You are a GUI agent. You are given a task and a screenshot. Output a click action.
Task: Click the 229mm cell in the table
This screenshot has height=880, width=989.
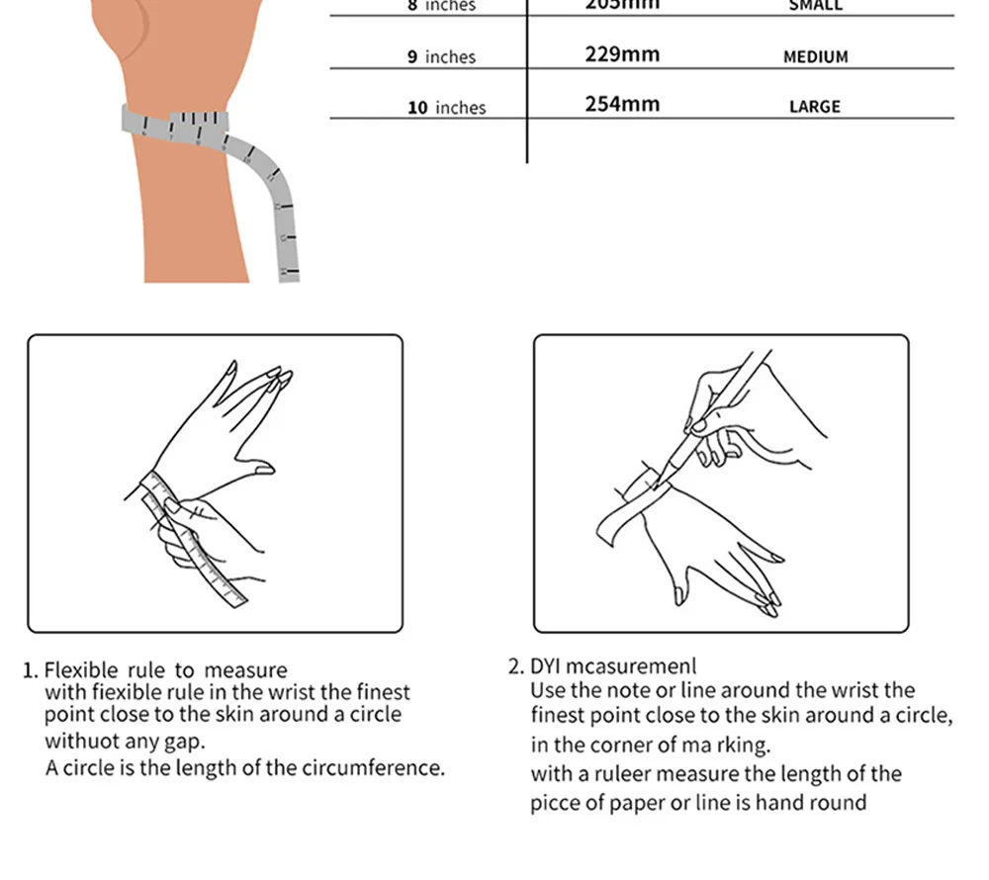click(621, 53)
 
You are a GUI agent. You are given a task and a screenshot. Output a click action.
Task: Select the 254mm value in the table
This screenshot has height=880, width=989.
click(621, 104)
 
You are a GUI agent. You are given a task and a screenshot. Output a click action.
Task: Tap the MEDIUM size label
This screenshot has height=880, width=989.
click(815, 56)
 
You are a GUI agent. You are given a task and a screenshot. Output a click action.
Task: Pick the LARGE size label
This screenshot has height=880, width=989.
click(814, 107)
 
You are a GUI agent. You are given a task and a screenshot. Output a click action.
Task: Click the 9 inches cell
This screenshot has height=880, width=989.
click(441, 57)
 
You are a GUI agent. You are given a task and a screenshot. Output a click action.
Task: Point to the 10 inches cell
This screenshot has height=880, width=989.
click(446, 108)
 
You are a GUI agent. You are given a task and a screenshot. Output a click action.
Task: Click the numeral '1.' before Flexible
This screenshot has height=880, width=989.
click(30, 671)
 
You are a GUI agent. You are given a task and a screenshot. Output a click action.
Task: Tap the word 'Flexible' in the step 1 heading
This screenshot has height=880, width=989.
click(81, 671)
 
